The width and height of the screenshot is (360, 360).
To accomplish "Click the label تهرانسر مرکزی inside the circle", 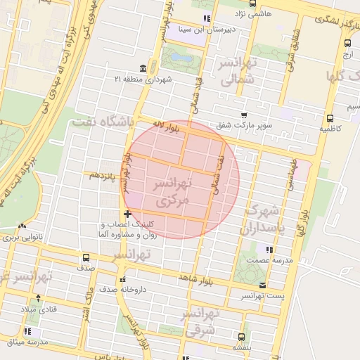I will coord(172,192).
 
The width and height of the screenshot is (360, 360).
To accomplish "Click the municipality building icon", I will coord(143,67).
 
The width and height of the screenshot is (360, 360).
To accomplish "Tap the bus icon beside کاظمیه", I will coord(330,118).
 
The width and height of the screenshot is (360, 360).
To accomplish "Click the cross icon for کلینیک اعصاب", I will coord(127,214).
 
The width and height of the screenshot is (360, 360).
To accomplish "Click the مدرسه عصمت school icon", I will coord(269,249).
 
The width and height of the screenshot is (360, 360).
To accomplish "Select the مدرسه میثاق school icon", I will coord(28,331).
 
